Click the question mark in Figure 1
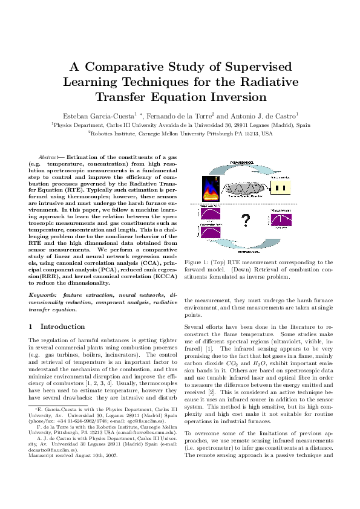[245, 221]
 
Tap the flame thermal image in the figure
[209, 189]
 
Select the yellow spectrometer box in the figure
[279, 188]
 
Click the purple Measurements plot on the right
[282, 219]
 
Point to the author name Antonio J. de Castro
[264, 115]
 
